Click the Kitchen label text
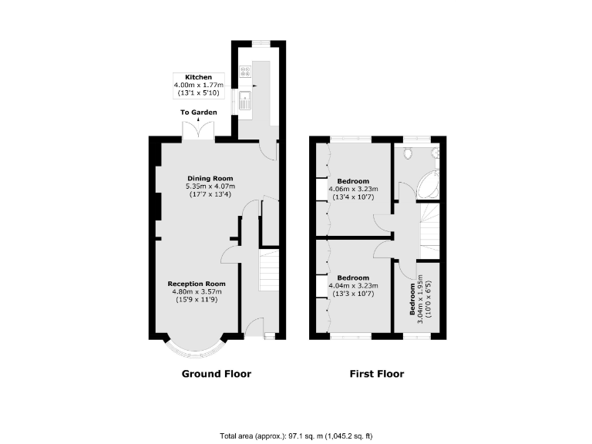(198, 77)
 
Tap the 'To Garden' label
(199, 113)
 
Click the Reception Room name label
(197, 284)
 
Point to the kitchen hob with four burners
(246, 72)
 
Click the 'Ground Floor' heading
(216, 374)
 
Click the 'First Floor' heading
(376, 374)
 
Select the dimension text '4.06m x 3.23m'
(352, 189)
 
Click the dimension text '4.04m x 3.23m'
(352, 285)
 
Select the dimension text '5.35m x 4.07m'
(210, 187)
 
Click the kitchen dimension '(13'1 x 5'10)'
(198, 93)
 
